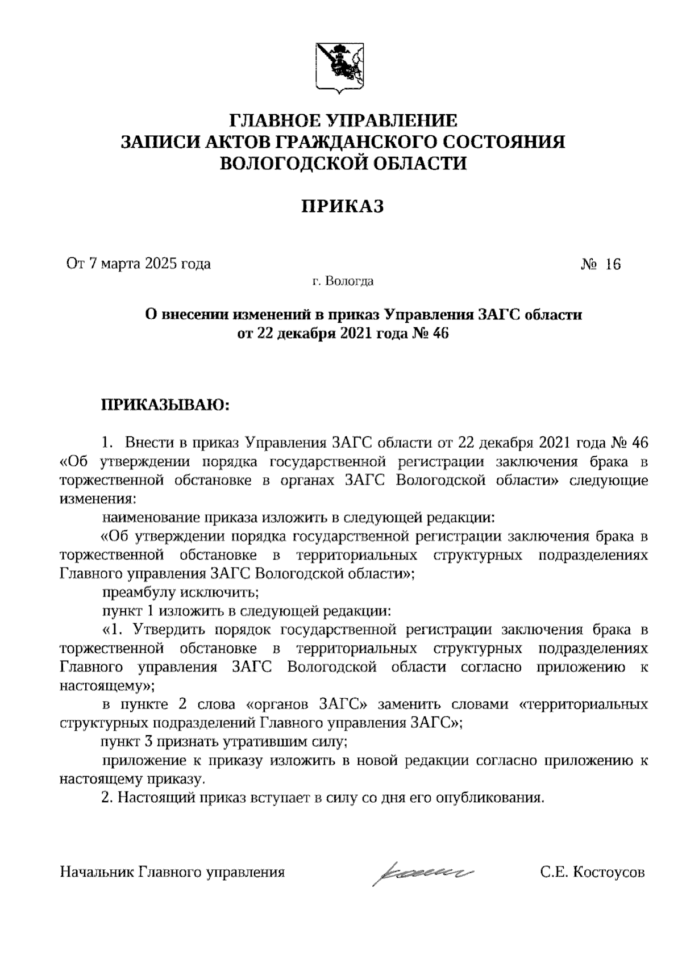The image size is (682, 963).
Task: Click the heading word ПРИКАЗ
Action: pyautogui.click(x=342, y=206)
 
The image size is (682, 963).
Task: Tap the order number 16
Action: pyautogui.click(x=613, y=264)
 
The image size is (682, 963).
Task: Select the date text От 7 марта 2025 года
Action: pyautogui.click(x=138, y=264)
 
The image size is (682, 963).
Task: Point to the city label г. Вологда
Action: pyautogui.click(x=342, y=281)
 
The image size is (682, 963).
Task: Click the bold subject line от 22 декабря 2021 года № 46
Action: pyautogui.click(x=343, y=333)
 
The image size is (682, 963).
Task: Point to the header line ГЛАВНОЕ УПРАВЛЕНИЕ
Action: pyautogui.click(x=343, y=120)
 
